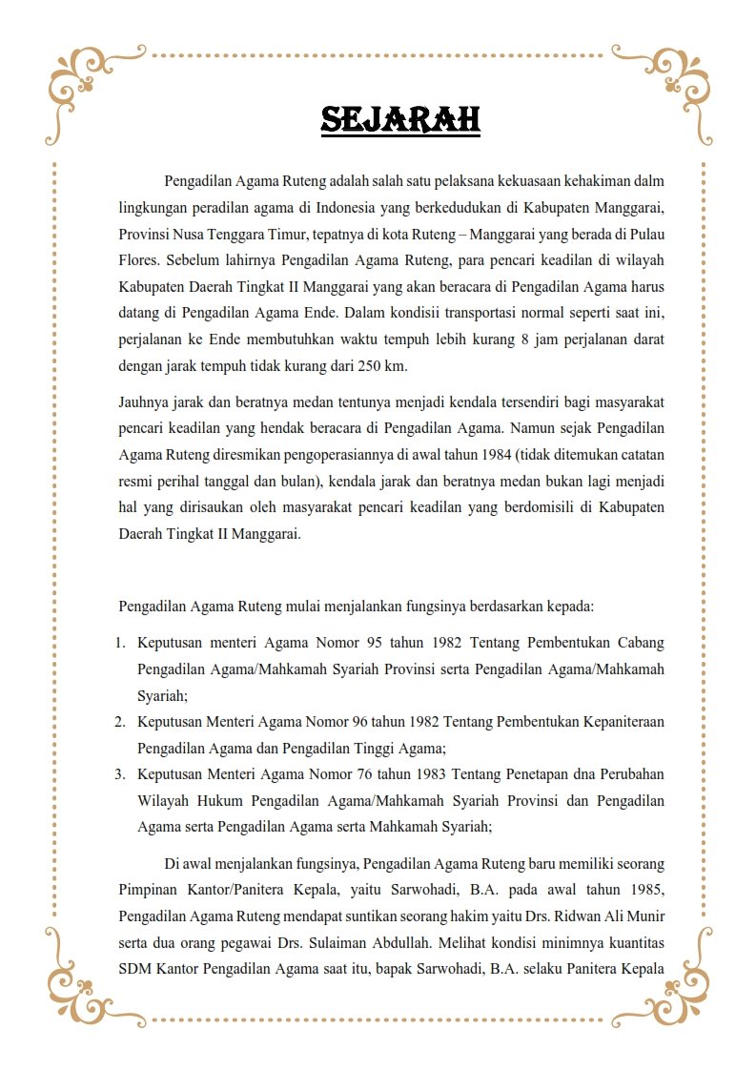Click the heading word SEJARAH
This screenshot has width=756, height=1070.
[x=400, y=120]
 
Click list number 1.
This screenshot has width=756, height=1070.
[x=121, y=644]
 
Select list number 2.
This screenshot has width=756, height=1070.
[x=121, y=722]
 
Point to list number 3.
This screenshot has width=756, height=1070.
[x=121, y=773]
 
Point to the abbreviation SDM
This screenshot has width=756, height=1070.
[x=136, y=970]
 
